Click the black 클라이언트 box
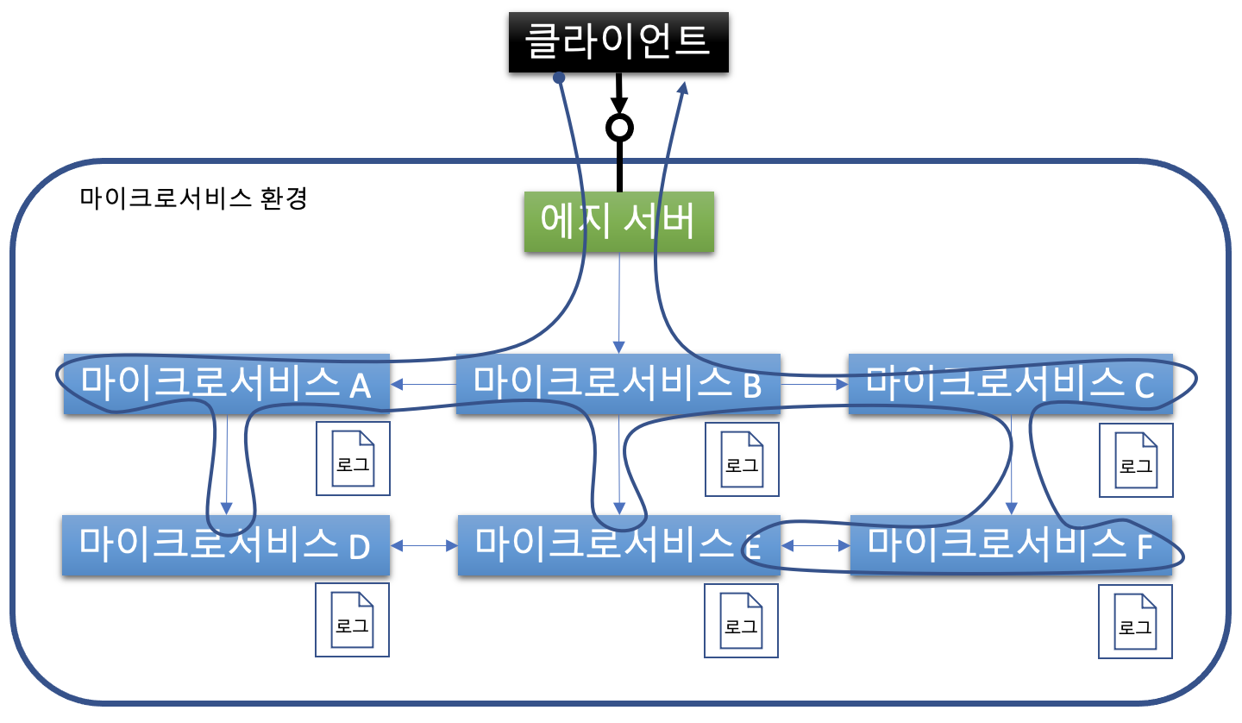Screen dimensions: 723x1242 pos(618,41)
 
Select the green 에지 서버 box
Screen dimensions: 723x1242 pos(618,222)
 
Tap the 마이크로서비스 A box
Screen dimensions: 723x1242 pos(226,384)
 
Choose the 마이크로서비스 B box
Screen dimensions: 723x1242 pos(618,384)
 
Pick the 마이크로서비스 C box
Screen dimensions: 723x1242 pos(1010,384)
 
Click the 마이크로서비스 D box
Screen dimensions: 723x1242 pos(225,545)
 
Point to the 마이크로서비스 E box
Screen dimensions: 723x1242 pos(618,545)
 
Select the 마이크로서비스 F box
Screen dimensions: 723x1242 pos(1010,545)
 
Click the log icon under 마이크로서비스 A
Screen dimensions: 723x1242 pos(353,459)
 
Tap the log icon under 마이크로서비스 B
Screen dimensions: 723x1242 pos(742,460)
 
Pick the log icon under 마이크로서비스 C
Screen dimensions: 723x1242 pos(1136,461)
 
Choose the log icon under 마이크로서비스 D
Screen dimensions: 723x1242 pos(352,620)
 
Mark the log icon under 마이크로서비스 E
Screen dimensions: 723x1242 pos(741,621)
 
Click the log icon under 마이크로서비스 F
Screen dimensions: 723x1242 pos(1135,622)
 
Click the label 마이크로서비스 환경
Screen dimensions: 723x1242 pos(193,198)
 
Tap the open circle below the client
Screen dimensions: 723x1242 pos(619,128)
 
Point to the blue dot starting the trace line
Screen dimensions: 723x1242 pos(559,78)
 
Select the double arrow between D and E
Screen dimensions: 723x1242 pos(423,545)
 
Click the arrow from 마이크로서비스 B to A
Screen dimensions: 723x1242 pos(423,384)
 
